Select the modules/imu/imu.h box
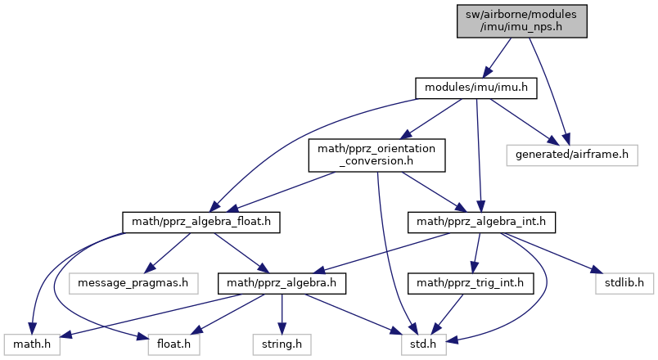click(x=475, y=88)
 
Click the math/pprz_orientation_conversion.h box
click(x=376, y=154)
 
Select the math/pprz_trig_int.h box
click(x=470, y=284)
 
